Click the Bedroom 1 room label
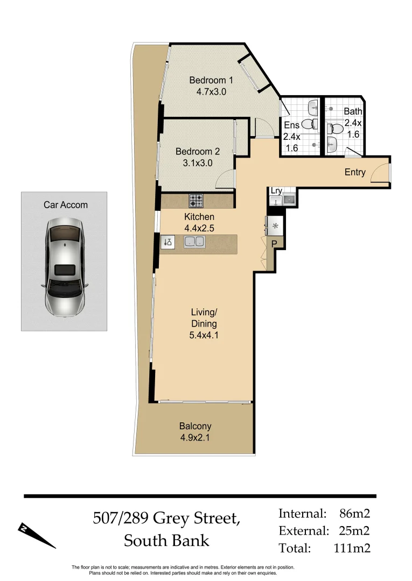click(211, 80)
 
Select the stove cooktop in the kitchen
click(196, 201)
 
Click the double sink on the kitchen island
click(194, 242)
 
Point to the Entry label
click(355, 172)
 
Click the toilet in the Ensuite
click(310, 124)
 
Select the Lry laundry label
click(276, 191)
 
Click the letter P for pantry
click(274, 244)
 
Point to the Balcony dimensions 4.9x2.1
click(195, 437)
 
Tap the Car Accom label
click(65, 204)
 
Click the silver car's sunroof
click(65, 269)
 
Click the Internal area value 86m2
click(354, 513)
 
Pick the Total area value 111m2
click(351, 548)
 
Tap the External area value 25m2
click(354, 531)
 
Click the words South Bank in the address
click(166, 540)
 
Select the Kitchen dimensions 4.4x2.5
click(199, 228)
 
